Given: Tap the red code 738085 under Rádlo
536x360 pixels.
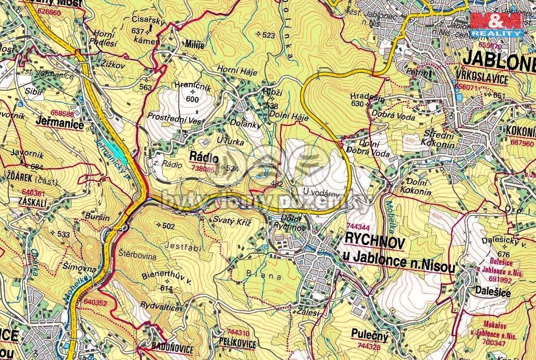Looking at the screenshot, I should pyautogui.click(x=203, y=169).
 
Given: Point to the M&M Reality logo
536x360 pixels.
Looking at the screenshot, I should pyautogui.click(x=496, y=24).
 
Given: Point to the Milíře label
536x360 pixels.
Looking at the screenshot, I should pyautogui.click(x=195, y=45).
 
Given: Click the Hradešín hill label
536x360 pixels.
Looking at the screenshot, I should pyautogui.click(x=366, y=96).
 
